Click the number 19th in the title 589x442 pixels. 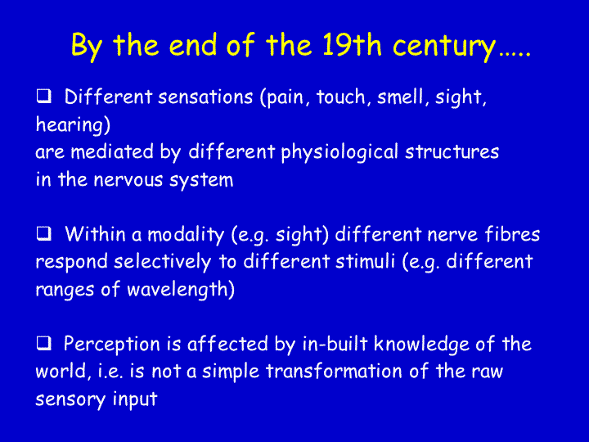pyautogui.click(x=351, y=45)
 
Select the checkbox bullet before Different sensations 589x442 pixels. pyautogui.click(x=44, y=97)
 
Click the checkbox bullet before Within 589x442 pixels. pyautogui.click(x=44, y=234)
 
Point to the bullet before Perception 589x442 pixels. pyautogui.click(x=44, y=343)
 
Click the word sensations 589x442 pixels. pyautogui.click(x=205, y=97)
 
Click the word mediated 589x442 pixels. pyautogui.click(x=112, y=152)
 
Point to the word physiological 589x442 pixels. pyautogui.click(x=339, y=153)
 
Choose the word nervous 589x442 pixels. pyautogui.click(x=128, y=180)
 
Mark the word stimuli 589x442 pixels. pyautogui.click(x=365, y=261)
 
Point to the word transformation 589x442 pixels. pyautogui.click(x=334, y=371)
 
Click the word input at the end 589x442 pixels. pyautogui.click(x=135, y=399)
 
